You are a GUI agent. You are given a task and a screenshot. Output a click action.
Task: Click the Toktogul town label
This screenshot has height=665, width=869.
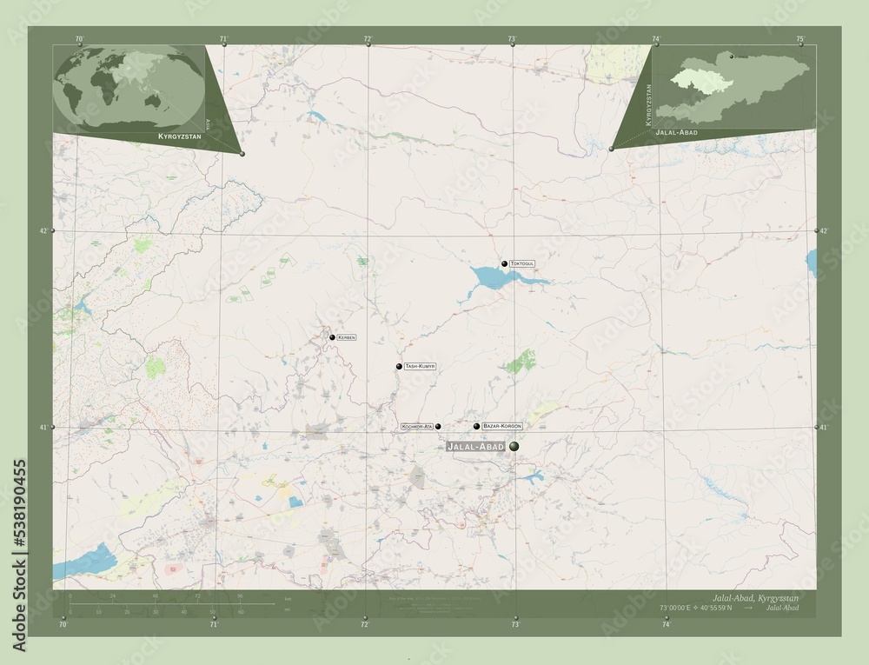click(522, 263)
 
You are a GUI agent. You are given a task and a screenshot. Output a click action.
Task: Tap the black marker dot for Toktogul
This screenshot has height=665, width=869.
click(504, 263)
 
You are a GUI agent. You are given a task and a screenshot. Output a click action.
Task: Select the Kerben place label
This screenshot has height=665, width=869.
click(346, 337)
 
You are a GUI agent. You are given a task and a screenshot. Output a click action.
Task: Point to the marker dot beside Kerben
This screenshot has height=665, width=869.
click(332, 337)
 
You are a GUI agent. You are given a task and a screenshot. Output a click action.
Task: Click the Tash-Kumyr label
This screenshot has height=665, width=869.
click(419, 367)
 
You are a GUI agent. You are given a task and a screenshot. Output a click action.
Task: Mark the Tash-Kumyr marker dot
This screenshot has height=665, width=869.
click(399, 367)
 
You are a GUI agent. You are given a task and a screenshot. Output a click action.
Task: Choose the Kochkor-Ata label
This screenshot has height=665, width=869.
click(416, 427)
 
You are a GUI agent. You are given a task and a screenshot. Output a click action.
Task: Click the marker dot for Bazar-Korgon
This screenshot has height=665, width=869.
click(477, 426)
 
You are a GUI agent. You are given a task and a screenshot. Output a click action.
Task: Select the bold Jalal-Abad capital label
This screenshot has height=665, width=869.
click(474, 446)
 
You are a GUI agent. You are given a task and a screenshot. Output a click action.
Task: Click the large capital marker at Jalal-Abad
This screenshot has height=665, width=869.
click(514, 446)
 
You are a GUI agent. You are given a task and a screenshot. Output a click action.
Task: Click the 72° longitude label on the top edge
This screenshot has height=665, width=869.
click(368, 39)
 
